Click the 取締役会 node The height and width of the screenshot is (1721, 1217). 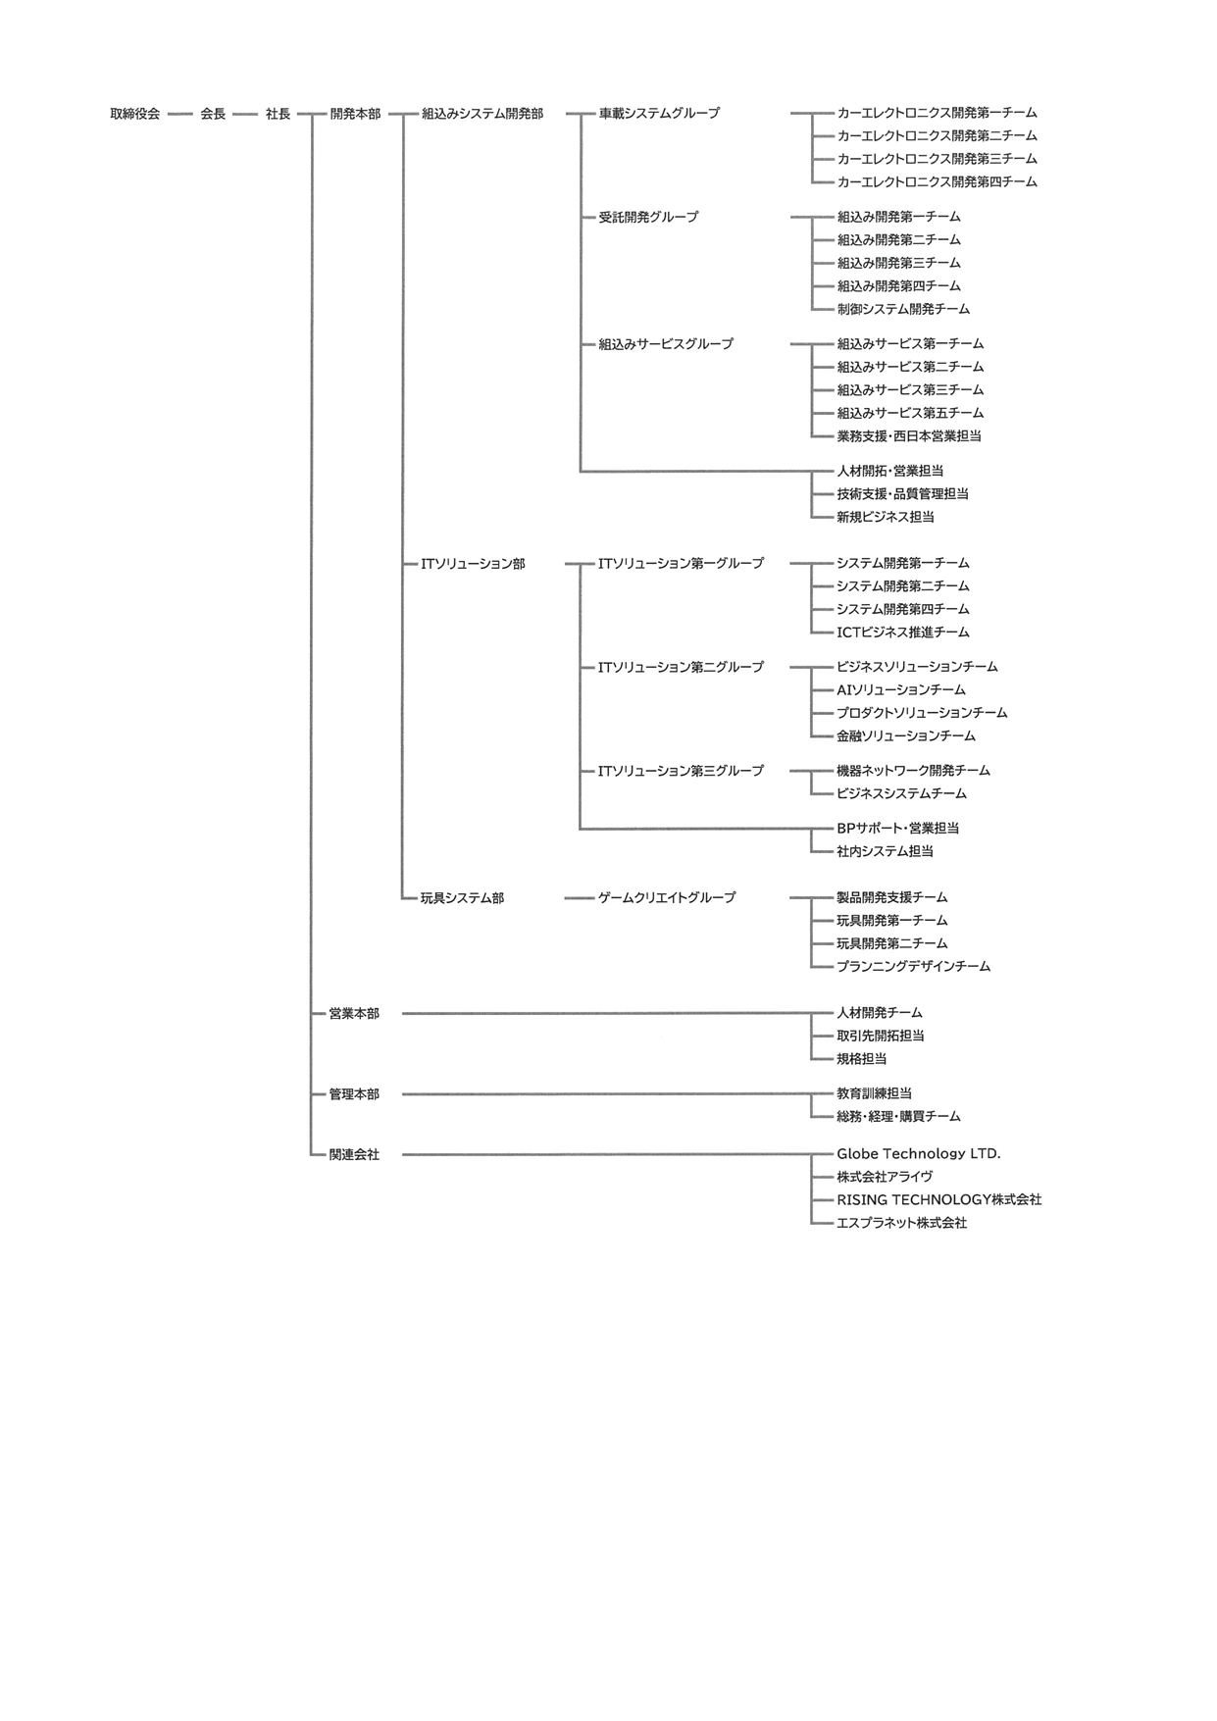(134, 114)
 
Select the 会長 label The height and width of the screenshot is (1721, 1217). (213, 114)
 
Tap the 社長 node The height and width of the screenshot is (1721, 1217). (278, 114)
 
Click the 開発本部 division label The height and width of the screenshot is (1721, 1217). (355, 114)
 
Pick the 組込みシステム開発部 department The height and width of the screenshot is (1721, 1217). (482, 114)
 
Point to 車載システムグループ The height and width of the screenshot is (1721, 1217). (658, 114)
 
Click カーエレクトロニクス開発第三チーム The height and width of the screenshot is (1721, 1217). (937, 159)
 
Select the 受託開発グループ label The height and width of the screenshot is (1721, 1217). (648, 217)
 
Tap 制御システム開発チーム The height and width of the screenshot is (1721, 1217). (903, 309)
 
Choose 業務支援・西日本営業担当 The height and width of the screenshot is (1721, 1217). (909, 436)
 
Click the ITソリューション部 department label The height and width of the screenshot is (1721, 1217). (473, 564)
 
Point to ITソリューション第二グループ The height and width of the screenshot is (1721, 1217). (681, 667)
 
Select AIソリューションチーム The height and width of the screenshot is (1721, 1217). (900, 690)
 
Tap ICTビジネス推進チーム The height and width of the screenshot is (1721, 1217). (902, 633)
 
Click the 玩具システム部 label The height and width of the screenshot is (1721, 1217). (462, 898)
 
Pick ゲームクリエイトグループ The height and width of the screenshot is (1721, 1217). (667, 897)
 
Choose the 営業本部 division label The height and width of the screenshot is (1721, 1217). (354, 1014)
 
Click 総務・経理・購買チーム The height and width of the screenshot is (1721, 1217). (898, 1117)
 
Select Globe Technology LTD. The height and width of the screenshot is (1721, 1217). (918, 1154)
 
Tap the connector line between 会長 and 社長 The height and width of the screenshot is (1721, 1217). (245, 114)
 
